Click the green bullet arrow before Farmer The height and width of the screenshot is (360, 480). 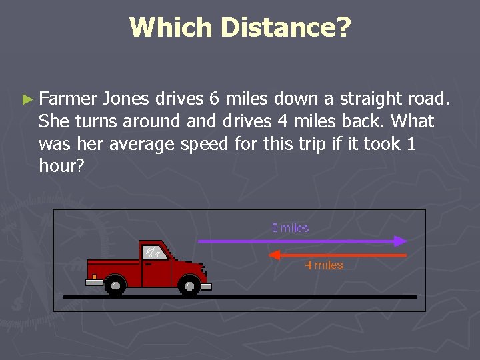pos(27,99)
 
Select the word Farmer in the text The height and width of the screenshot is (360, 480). pos(68,99)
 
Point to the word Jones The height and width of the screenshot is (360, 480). pos(126,99)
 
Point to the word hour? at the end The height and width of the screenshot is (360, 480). pos(61,166)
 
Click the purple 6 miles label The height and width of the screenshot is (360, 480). pos(290,228)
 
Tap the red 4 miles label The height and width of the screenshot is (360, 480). pos(324,265)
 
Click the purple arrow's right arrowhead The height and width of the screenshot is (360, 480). pos(401,241)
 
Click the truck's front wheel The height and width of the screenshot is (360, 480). pos(189,287)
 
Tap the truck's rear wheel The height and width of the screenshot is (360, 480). pos(115,287)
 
